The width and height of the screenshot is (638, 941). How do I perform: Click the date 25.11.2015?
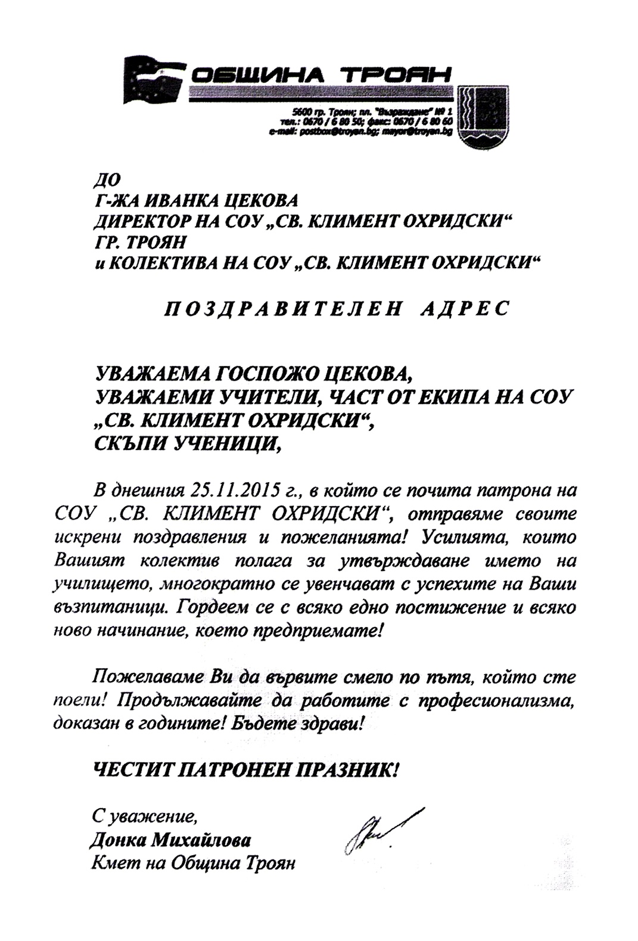[x=235, y=492]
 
